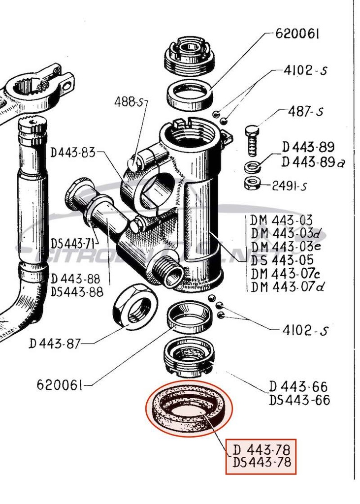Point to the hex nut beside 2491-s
(x=252, y=184)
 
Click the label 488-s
(x=131, y=102)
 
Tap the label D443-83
(x=73, y=153)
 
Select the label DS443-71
(x=73, y=244)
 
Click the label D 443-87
(x=54, y=344)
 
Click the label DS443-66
(x=299, y=400)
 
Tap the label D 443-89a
(x=313, y=161)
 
